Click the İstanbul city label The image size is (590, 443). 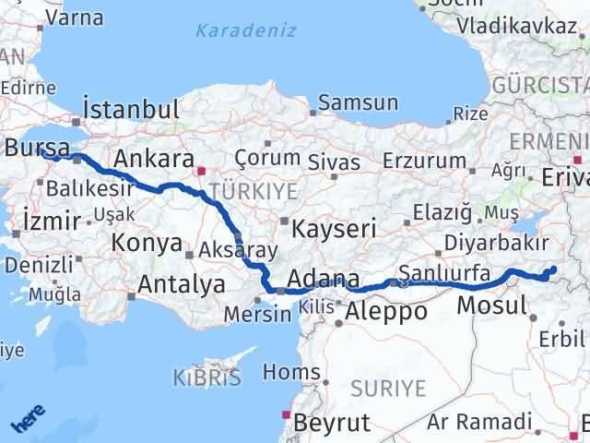[x=131, y=109]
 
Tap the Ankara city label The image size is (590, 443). [x=153, y=159]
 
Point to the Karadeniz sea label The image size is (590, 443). [x=246, y=30]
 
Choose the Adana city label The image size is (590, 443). [x=323, y=278]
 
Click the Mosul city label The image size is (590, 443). [x=493, y=305]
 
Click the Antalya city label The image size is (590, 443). [x=181, y=284]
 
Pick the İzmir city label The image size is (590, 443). [x=52, y=220]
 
